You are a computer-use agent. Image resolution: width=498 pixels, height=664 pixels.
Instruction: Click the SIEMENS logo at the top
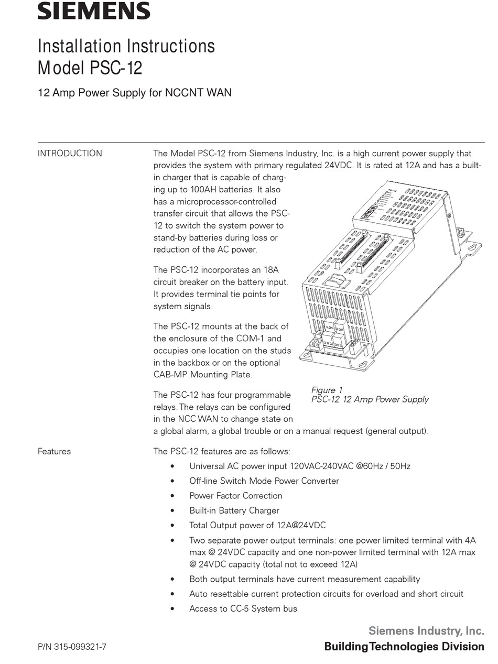(x=94, y=11)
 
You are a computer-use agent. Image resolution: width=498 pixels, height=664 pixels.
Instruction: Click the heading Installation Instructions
(x=126, y=46)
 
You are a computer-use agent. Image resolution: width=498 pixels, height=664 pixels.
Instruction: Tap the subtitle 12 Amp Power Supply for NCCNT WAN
(x=135, y=93)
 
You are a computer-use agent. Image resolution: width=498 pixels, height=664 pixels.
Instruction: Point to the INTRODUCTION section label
(x=70, y=154)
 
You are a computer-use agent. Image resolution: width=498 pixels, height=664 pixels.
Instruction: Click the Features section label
(x=54, y=451)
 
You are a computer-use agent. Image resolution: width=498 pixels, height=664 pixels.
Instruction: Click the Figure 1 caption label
(x=327, y=390)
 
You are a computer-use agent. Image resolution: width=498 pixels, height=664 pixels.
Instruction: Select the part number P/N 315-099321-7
(x=72, y=647)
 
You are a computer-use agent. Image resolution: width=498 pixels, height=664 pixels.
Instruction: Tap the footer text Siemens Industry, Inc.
(x=426, y=630)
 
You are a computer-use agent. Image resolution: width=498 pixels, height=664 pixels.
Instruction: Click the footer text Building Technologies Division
(x=404, y=647)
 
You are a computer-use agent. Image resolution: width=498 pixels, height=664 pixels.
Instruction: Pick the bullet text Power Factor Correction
(x=236, y=496)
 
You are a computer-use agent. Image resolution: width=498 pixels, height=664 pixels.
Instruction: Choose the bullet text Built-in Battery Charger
(x=234, y=510)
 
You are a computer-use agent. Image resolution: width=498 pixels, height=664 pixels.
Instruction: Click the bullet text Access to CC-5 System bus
(x=243, y=608)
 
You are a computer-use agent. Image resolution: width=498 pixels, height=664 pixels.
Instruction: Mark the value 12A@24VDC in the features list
(x=301, y=525)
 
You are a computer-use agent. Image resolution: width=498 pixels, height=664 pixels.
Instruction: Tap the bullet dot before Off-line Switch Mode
(x=172, y=481)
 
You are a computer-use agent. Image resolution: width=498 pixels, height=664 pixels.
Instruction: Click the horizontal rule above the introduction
(x=261, y=143)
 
